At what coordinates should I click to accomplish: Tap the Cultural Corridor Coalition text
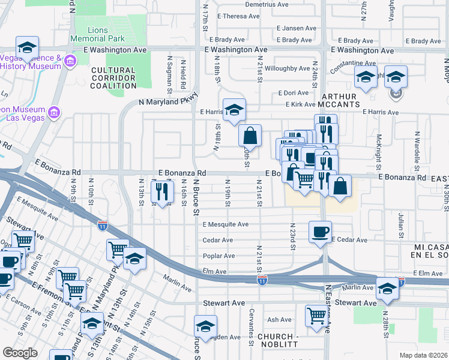(x=113, y=78)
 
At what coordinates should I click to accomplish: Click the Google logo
(x=20, y=352)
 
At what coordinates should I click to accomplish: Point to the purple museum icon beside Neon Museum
(x=53, y=112)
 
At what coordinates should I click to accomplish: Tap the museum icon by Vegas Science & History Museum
(x=70, y=61)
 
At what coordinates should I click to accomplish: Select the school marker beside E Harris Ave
(x=234, y=109)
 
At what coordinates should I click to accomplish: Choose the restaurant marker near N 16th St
(x=162, y=191)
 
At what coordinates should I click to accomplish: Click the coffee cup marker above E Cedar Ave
(x=320, y=232)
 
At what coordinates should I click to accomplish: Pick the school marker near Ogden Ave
(x=205, y=327)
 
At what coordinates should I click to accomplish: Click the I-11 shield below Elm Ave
(x=262, y=280)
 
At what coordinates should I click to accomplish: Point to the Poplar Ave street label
(x=218, y=256)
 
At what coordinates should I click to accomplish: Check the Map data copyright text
(x=423, y=355)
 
